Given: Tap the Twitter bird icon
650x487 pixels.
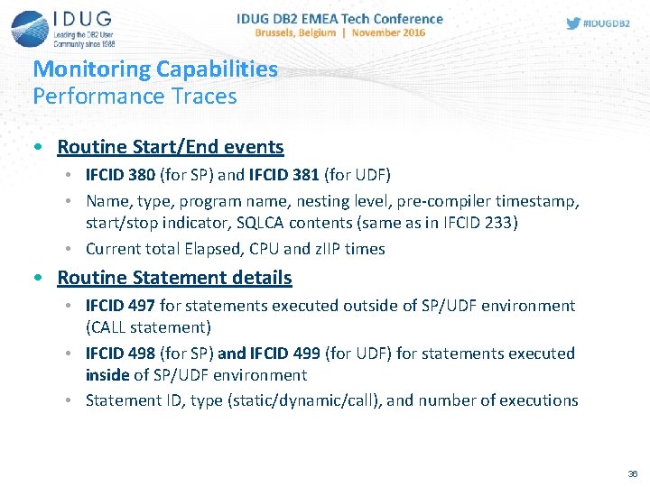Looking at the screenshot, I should (x=573, y=23).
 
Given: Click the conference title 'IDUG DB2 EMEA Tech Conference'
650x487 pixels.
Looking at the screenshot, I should (x=339, y=18).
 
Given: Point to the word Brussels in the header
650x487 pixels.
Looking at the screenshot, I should (x=281, y=32).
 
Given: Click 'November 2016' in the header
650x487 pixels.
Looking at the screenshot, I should (x=388, y=32).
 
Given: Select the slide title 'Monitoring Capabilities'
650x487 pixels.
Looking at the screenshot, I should (x=155, y=69).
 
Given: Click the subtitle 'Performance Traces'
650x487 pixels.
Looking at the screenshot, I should (x=135, y=96).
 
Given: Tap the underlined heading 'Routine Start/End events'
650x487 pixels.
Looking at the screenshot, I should (x=170, y=146).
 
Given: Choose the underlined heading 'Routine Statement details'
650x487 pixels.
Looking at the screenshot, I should (x=174, y=277).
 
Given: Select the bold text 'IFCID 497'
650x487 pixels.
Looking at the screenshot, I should (x=121, y=306).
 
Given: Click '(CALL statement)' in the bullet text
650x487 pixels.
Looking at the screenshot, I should (x=148, y=326).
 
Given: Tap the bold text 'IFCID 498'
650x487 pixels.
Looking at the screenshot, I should (x=121, y=353).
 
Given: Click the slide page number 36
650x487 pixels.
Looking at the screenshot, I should (x=631, y=473).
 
